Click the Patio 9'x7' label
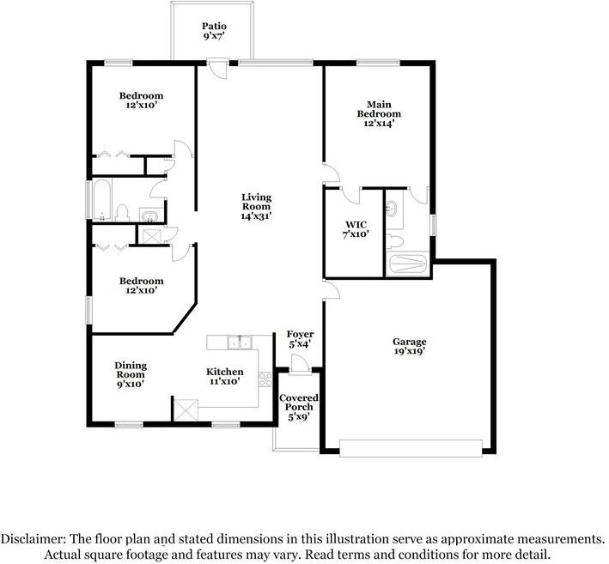(214, 32)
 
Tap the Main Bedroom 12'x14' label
(379, 113)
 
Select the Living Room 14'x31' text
(256, 207)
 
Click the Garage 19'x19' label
(409, 346)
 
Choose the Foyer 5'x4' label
(300, 338)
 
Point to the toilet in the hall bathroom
(122, 212)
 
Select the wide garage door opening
(410, 447)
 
